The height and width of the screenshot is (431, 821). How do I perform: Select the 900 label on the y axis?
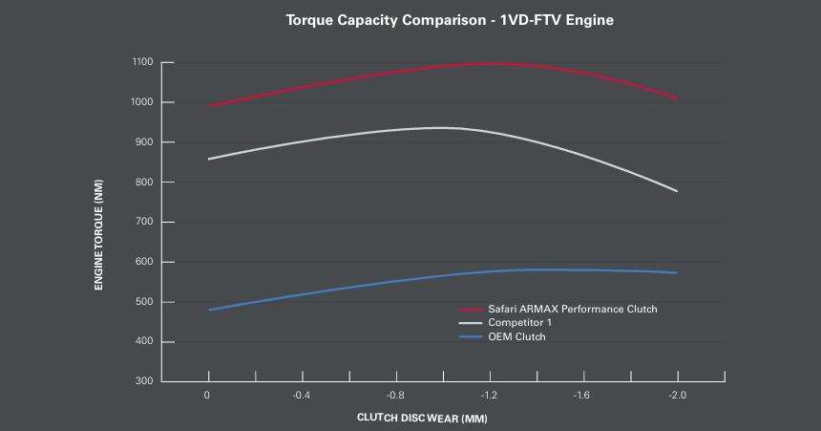[x=142, y=142]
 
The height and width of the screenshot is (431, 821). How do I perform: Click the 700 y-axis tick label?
[x=142, y=222]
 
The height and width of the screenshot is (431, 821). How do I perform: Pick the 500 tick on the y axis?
[x=142, y=302]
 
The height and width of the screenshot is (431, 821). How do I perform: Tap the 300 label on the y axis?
[x=142, y=381]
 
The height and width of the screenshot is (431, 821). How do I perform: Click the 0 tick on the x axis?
[x=208, y=394]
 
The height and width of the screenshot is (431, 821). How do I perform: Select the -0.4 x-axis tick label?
[x=302, y=394]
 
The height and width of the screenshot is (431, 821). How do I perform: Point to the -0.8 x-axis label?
[x=395, y=394]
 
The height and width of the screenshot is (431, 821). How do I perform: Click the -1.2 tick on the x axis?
[x=489, y=394]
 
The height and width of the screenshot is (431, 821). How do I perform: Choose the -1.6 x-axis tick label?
[x=582, y=394]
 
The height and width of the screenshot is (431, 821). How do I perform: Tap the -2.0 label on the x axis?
[x=676, y=394]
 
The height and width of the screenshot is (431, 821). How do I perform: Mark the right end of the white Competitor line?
[x=677, y=191]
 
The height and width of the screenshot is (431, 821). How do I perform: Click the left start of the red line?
[x=208, y=106]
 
